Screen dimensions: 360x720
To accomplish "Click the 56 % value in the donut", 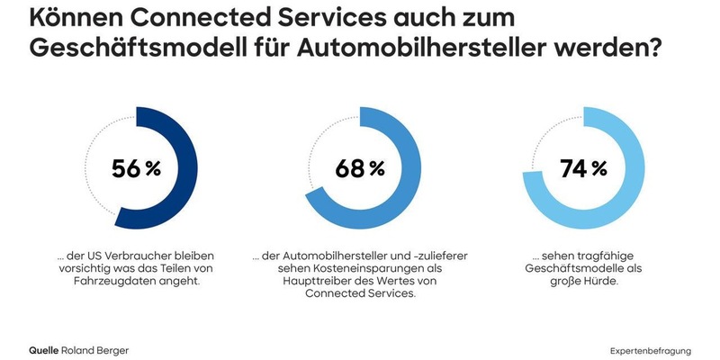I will point(136,168).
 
